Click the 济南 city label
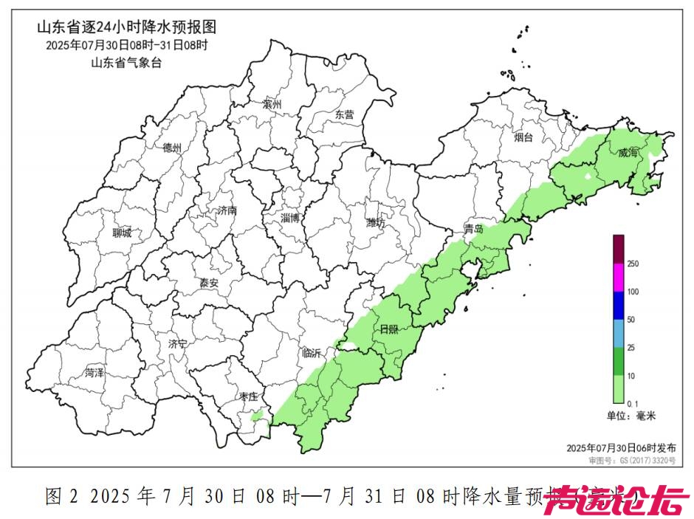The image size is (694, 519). (227, 210)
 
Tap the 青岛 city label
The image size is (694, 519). (473, 230)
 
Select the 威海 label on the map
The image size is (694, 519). (629, 153)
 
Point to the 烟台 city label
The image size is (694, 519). (523, 137)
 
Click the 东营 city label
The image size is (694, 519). (344, 114)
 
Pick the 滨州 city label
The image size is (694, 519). (272, 105)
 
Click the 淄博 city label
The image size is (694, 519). (290, 218)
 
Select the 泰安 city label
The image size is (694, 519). (209, 283)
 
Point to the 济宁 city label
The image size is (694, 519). (177, 344)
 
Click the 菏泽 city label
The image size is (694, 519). (95, 373)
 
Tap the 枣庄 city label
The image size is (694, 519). (247, 396)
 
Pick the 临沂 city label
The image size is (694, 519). (312, 354)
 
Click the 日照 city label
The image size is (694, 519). (388, 329)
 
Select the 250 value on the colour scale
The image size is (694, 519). (633, 264)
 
